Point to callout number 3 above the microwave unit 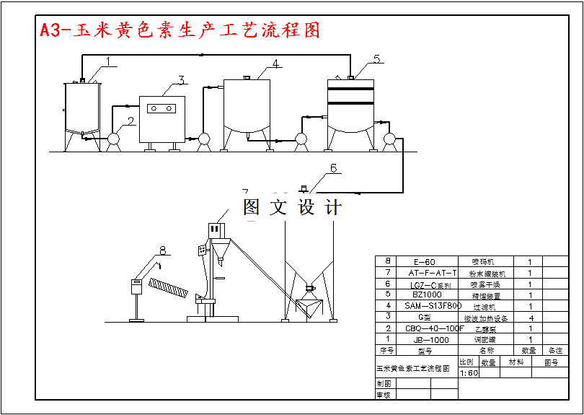[182, 79]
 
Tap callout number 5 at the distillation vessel [379, 58]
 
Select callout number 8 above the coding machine [162, 250]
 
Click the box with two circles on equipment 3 [162, 108]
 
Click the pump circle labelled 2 [113, 138]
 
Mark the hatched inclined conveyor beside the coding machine [170, 289]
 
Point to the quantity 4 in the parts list [530, 317]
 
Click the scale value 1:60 [469, 373]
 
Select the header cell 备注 [555, 351]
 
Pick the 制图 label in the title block [383, 384]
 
